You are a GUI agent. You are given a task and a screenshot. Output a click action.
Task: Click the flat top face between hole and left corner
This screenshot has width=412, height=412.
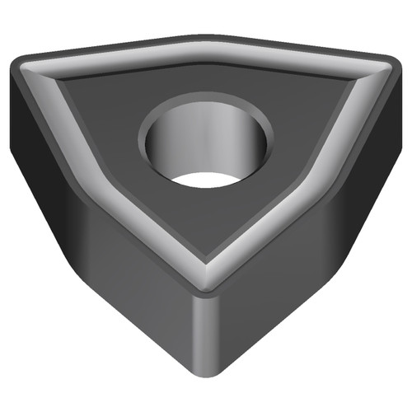click(99, 107)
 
